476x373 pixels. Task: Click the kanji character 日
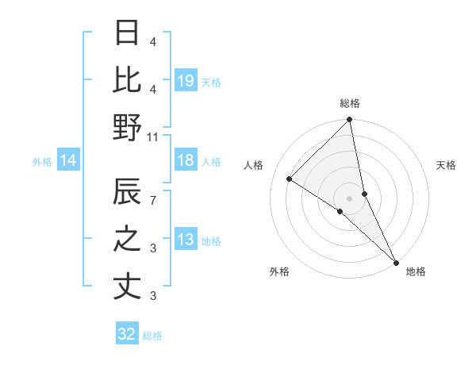(127, 33)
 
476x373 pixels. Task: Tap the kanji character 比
(127, 80)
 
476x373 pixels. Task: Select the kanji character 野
(127, 127)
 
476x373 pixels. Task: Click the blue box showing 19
(186, 81)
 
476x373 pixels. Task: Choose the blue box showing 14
(68, 161)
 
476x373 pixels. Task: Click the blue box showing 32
(127, 334)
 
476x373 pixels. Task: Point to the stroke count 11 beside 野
(153, 137)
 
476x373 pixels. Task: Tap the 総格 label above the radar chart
(350, 103)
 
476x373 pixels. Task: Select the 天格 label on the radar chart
(447, 165)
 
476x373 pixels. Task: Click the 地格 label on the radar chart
(416, 271)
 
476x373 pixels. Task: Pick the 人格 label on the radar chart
(254, 165)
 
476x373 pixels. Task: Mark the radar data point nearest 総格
(349, 121)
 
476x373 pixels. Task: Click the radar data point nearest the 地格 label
(395, 261)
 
